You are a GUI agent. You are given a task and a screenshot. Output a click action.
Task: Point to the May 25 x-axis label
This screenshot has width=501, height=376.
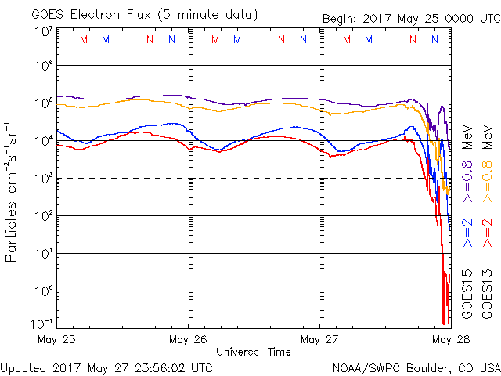coord(56,341)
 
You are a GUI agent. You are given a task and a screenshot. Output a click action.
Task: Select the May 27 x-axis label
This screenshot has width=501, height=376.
coord(319,341)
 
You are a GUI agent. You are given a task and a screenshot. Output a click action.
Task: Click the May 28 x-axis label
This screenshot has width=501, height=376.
coord(442,341)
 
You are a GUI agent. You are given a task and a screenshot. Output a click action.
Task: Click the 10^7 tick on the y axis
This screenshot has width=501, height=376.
coord(44,32)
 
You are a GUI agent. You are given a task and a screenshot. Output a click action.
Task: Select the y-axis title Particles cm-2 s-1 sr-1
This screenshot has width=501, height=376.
coord(13,191)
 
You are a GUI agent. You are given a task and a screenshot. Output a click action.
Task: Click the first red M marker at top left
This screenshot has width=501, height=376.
coord(84,39)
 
